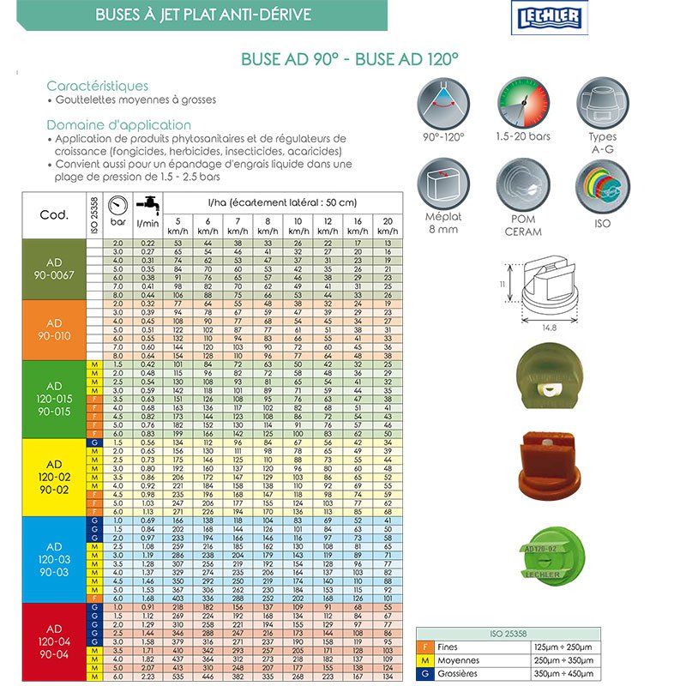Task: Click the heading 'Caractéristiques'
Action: (x=97, y=86)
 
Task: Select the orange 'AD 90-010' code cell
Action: (x=53, y=330)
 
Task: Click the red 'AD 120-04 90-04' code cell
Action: (x=53, y=641)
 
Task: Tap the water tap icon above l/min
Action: (x=148, y=205)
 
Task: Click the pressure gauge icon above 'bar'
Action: (x=119, y=207)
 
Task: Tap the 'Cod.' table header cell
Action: (x=53, y=215)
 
